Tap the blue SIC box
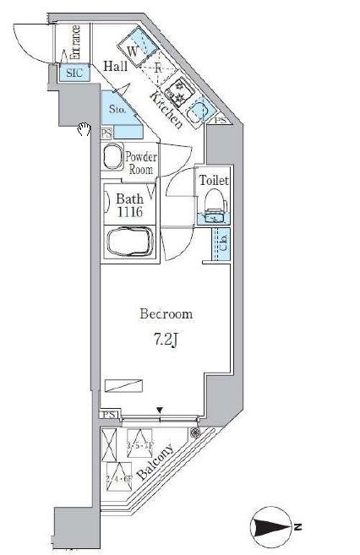point(75,73)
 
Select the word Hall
point(116,66)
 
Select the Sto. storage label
point(117,109)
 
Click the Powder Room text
point(141,161)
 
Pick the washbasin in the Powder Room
point(112,158)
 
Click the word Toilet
point(214,180)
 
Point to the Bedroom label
point(166,313)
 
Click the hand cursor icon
point(83,128)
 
